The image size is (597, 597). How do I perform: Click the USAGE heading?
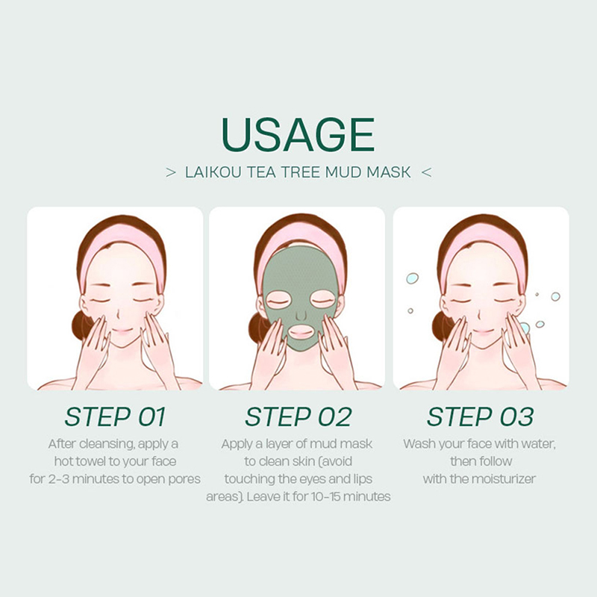point(298,134)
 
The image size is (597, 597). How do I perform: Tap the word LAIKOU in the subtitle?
point(213,172)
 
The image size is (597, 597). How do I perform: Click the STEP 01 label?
point(115,416)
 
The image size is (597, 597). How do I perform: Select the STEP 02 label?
point(298,416)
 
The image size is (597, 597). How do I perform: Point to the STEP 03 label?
point(480,416)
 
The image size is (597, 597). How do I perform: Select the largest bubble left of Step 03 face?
point(412,278)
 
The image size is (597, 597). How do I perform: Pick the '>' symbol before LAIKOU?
point(171,172)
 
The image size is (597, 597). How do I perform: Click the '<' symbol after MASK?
point(426,172)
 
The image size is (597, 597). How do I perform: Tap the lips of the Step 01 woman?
point(122,331)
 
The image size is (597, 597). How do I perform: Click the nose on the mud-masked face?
point(301,314)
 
